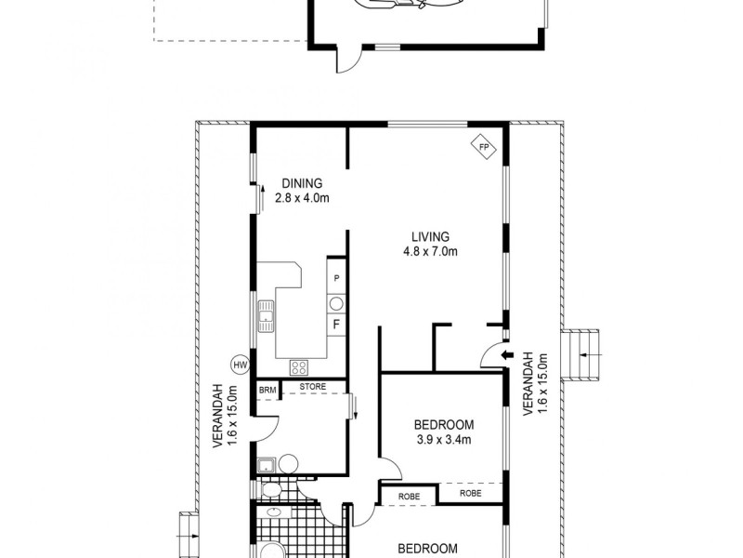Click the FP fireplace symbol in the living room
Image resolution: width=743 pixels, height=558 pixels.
[483, 147]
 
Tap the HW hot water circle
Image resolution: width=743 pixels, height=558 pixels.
[240, 365]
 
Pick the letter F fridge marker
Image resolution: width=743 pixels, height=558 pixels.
[336, 325]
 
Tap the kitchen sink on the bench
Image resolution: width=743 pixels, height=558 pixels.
[267, 317]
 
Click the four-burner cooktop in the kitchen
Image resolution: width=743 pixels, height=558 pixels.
[300, 365]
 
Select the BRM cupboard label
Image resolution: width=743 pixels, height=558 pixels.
[267, 390]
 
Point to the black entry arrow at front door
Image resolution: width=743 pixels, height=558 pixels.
[506, 354]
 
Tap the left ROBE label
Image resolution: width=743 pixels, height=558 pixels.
[410, 497]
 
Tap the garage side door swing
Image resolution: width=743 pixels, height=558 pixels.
[345, 60]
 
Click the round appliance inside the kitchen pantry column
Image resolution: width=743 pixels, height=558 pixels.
[336, 302]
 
